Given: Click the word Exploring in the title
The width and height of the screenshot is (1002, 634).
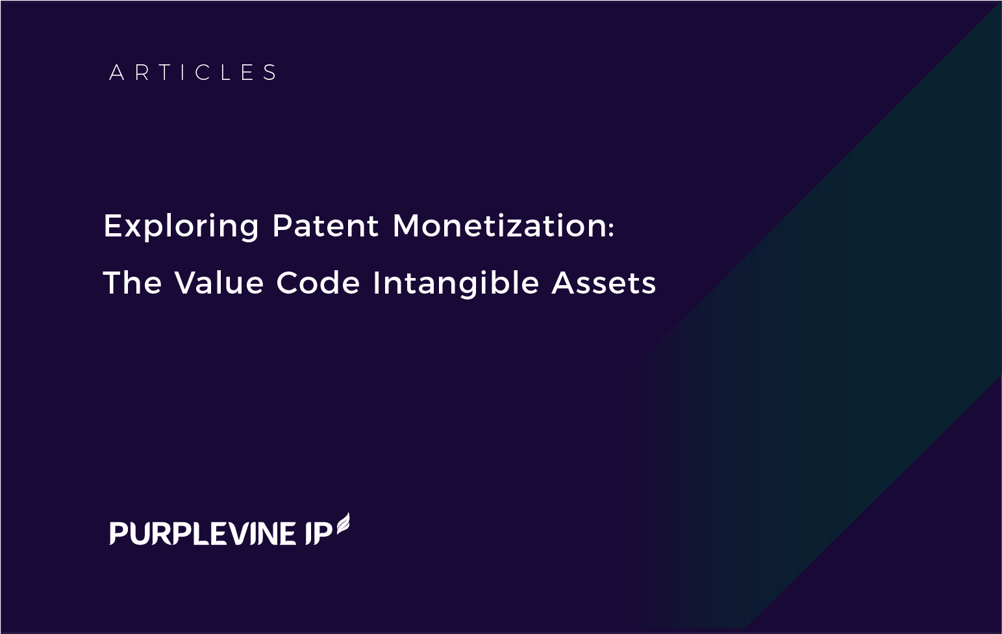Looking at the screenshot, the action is (x=181, y=227).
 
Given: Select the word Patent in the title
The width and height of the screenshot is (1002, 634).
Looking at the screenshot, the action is (x=325, y=225).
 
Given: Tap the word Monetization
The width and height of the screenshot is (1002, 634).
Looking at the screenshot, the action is (x=499, y=225).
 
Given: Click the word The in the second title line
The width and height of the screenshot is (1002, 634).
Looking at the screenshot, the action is (x=132, y=283).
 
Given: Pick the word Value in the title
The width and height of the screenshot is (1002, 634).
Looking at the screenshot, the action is (x=219, y=283).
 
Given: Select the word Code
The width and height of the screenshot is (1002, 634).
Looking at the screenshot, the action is (x=318, y=283).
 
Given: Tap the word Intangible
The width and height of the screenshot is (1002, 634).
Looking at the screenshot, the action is (x=455, y=284).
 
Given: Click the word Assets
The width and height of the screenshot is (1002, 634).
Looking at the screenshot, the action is (x=603, y=283).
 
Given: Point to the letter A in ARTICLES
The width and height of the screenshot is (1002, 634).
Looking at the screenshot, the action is (x=116, y=73).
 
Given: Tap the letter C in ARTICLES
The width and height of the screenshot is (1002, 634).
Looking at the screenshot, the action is (x=203, y=73).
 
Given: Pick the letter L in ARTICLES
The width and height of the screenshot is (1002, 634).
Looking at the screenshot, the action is (x=227, y=73).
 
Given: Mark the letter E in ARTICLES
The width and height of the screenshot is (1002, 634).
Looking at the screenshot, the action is (x=248, y=73).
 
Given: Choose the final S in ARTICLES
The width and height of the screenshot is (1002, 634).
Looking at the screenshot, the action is (x=270, y=73).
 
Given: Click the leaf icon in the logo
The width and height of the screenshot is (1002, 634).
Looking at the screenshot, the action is (x=343, y=524).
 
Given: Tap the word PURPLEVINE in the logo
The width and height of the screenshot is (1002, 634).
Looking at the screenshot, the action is (x=202, y=533).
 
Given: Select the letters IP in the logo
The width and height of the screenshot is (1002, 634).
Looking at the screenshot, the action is (x=319, y=533).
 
